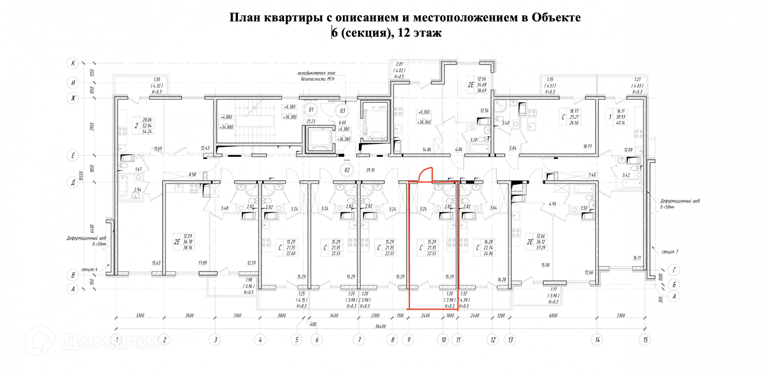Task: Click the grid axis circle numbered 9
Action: point(408,340)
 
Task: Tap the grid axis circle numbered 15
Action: point(645,340)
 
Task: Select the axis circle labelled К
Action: point(73,63)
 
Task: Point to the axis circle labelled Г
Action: point(674,270)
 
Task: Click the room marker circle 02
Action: point(347,170)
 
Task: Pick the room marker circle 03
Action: point(342,111)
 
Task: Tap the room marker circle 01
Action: point(311,110)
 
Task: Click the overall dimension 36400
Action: point(381,326)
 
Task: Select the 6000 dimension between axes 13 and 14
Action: point(553,315)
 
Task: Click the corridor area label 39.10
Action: point(370,170)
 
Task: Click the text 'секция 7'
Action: point(669,252)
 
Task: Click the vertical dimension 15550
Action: point(81,176)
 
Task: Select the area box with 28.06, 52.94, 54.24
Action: point(147,125)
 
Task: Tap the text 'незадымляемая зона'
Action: point(316,73)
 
